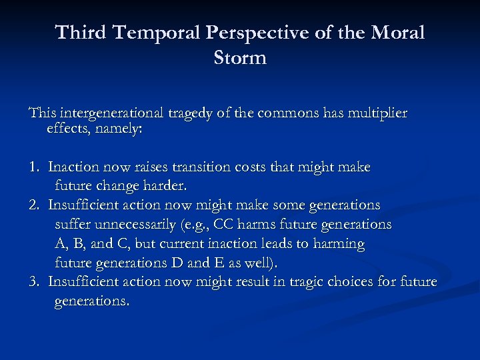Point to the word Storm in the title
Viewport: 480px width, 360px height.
click(240, 58)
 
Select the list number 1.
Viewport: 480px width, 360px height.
click(33, 167)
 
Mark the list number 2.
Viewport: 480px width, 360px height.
click(33, 205)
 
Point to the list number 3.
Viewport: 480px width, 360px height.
click(33, 282)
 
